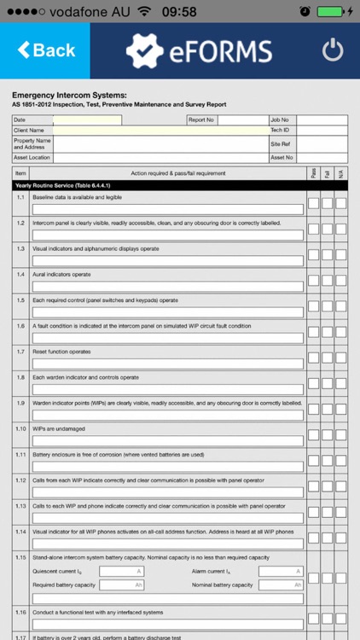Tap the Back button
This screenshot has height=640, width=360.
point(45,50)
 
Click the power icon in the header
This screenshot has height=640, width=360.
point(333,50)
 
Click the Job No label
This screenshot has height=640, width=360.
point(280,120)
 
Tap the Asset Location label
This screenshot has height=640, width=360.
point(32,158)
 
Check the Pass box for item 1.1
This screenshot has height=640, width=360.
point(313,203)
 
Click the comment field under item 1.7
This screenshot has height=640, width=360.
point(168,364)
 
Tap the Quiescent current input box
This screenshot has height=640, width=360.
point(120,571)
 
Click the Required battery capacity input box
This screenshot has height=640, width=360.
point(120,585)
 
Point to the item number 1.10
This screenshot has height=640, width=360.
point(20,428)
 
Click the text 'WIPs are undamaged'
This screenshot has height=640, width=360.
point(59,428)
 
